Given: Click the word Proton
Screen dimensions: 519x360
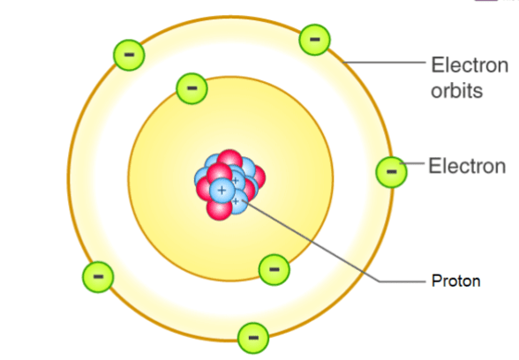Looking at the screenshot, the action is click(455, 281).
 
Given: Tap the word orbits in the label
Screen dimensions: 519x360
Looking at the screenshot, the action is click(457, 90).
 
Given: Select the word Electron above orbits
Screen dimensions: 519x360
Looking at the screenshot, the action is click(470, 65).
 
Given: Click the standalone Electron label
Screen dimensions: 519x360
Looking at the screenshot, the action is click(467, 166).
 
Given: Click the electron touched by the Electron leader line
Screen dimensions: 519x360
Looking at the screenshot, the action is click(392, 172).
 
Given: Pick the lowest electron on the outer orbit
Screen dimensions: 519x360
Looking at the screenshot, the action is click(253, 338).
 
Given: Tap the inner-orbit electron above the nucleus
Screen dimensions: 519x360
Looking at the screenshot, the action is click(192, 88).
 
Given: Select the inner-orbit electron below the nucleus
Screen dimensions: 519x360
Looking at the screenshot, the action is click(274, 270).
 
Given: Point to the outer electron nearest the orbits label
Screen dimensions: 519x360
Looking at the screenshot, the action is click(314, 40).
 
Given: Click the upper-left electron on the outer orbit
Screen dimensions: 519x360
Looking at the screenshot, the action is click(129, 55).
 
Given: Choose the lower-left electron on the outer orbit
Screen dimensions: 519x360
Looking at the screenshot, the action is click(98, 277).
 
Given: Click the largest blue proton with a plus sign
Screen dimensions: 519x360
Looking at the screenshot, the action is click(222, 191).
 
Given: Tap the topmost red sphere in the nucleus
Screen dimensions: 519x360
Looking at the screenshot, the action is click(229, 161).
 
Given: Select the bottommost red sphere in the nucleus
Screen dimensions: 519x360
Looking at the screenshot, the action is click(219, 209).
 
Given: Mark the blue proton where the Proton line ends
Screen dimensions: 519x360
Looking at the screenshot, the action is click(237, 202).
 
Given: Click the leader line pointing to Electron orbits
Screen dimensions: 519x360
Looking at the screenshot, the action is click(384, 62).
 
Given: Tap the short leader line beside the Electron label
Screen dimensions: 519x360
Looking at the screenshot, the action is click(412, 163).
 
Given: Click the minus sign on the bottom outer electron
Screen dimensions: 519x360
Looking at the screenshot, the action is click(253, 338).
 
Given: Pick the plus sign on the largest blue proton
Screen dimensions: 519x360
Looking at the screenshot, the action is click(222, 191).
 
